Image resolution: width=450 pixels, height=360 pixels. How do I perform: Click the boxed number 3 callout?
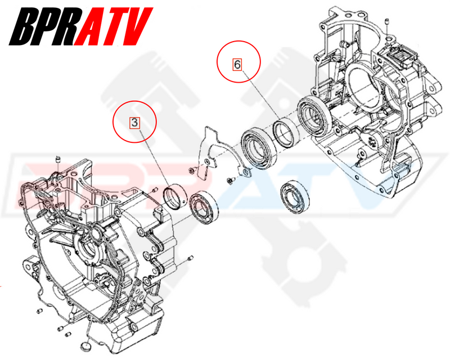(x=134, y=122)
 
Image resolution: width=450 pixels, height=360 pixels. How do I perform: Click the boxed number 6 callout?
(x=238, y=64)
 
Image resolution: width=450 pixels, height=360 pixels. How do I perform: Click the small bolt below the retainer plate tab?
(x=230, y=181)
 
